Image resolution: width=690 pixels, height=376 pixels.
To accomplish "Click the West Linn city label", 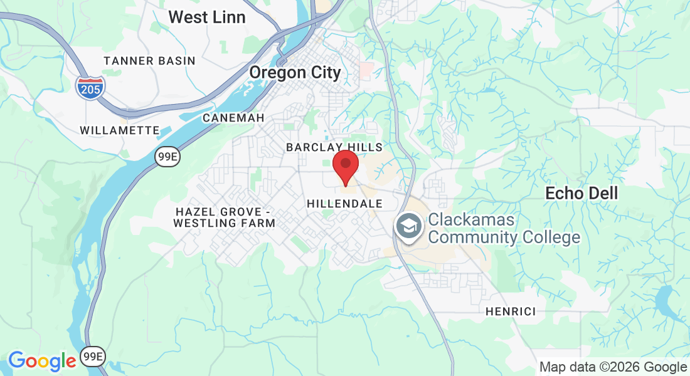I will pos(206,17).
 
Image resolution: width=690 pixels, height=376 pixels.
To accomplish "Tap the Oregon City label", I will pos(295,73).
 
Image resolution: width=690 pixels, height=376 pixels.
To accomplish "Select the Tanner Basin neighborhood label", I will pos(149,61).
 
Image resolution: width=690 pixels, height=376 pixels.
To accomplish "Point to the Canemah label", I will pos(233,118).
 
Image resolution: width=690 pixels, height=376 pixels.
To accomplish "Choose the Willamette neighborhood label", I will pos(120,130).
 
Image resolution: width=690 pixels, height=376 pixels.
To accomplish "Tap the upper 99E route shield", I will pos(167,157).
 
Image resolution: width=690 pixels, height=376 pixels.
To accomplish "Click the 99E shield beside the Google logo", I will pos(93,357).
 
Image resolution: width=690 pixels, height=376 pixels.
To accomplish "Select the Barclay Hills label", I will pos(334,147).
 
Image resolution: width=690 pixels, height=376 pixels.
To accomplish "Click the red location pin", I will pos(345,165).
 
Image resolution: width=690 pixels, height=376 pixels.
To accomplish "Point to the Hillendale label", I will pos(344,204).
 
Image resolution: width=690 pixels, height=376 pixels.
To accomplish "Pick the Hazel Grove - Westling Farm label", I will pos(225,217).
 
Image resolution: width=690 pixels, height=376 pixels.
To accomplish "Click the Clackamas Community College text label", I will pos(504,229).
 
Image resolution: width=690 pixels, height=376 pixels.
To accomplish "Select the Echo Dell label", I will pos(581,193).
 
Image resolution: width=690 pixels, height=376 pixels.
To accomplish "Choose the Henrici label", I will pos(511,311).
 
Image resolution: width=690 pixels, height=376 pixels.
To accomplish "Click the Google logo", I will pos(41,360).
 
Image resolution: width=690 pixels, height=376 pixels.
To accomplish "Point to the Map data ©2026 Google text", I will pos(613,367).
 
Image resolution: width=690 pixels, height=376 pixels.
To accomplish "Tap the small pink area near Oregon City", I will pos(366,70).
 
